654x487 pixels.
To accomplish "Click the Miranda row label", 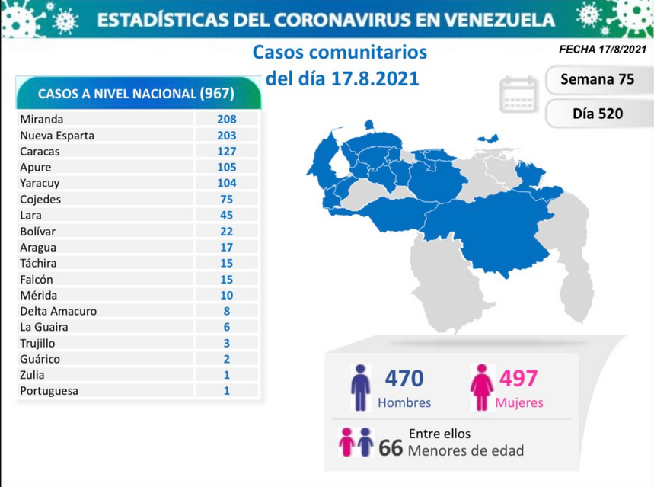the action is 42,120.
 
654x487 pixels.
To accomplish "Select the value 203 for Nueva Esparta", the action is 226,136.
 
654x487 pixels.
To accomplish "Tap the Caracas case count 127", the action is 226,152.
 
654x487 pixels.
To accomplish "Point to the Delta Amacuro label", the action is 59,312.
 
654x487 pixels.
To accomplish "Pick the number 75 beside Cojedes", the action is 226,200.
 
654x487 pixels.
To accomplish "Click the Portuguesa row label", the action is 49,392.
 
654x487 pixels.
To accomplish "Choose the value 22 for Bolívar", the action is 226,232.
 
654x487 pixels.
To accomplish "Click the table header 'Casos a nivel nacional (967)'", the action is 136,93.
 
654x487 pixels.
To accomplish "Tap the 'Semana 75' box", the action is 597,79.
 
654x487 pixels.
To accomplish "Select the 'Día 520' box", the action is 597,114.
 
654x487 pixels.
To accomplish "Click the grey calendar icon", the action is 518,94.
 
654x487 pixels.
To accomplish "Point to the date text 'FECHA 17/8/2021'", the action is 602,50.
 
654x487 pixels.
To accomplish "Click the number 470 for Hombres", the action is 404,379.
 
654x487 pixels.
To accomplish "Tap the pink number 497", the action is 518,379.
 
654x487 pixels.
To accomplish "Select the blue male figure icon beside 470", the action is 360,387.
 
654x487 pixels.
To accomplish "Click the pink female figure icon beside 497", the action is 482,387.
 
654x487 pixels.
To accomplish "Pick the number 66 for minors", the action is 391,448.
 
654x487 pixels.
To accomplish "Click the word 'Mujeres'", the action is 519,403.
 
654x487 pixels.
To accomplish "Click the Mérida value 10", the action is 226,296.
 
